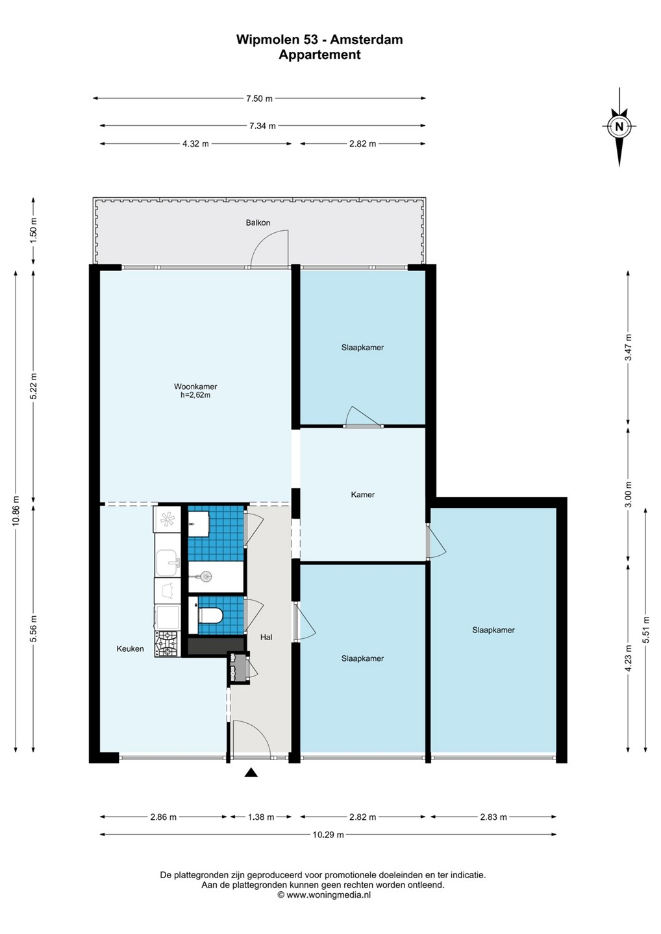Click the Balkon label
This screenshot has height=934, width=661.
click(x=258, y=222)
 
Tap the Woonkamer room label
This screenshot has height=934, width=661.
click(x=195, y=387)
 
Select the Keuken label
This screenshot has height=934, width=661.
click(x=131, y=649)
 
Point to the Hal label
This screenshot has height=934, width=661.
click(x=266, y=637)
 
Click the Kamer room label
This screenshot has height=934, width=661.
click(x=362, y=494)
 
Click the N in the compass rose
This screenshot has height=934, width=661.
click(x=619, y=126)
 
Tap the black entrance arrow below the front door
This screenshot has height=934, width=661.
click(x=251, y=772)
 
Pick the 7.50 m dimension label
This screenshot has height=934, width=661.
click(x=258, y=99)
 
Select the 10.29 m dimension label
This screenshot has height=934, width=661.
click(x=328, y=835)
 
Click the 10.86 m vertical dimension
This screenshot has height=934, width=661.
click(x=16, y=511)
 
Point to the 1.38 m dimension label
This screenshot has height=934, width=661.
click(x=261, y=817)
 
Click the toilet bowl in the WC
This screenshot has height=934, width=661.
click(x=212, y=615)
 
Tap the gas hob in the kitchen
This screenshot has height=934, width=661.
click(x=168, y=644)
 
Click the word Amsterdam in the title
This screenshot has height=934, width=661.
click(x=368, y=40)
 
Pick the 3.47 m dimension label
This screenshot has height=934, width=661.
click(x=629, y=347)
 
